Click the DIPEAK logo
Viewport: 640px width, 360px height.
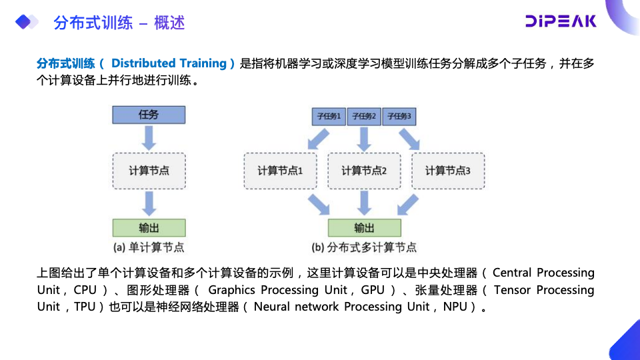[561, 21]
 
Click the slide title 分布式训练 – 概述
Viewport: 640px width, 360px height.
[119, 23]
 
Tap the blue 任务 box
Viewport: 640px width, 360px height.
[149, 114]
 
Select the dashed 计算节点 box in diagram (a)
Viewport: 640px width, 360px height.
[149, 171]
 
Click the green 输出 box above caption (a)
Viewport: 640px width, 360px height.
[149, 227]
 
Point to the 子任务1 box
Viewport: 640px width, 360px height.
[329, 116]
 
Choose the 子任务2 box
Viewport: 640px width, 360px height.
[364, 116]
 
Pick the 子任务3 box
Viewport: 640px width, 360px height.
[400, 116]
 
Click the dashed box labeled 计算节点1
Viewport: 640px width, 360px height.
[280, 171]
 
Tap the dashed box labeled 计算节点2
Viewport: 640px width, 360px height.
[364, 171]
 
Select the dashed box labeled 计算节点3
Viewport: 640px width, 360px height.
[448, 171]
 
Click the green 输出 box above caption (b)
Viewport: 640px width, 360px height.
[364, 227]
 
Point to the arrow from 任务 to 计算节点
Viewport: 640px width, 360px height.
[149, 138]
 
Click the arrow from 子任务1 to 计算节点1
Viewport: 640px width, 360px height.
[317, 139]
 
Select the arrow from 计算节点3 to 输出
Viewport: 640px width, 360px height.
[407, 203]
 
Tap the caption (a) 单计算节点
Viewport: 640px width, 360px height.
[149, 247]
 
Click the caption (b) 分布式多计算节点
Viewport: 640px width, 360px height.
[364, 247]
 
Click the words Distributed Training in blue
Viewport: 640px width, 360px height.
[169, 63]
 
